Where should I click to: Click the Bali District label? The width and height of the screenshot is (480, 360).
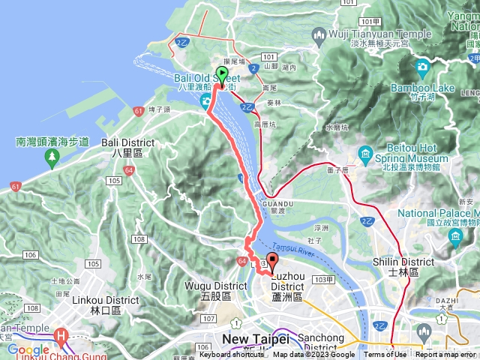click(126, 146)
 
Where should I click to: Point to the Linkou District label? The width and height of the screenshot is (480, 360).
click(114, 304)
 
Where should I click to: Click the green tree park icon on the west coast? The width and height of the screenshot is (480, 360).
click(52, 157)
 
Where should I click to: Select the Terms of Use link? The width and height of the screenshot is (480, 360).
click(385, 355)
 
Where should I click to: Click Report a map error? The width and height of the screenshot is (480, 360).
click(446, 355)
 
